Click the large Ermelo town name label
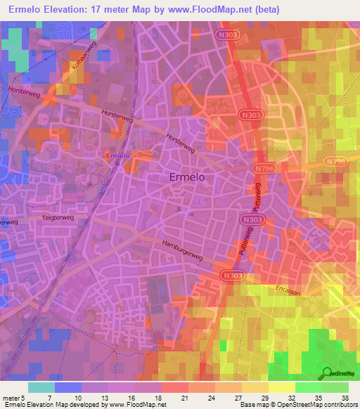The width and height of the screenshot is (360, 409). (188, 178)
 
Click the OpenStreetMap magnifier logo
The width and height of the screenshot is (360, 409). (326, 373)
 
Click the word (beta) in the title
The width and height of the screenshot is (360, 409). (263, 10)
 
